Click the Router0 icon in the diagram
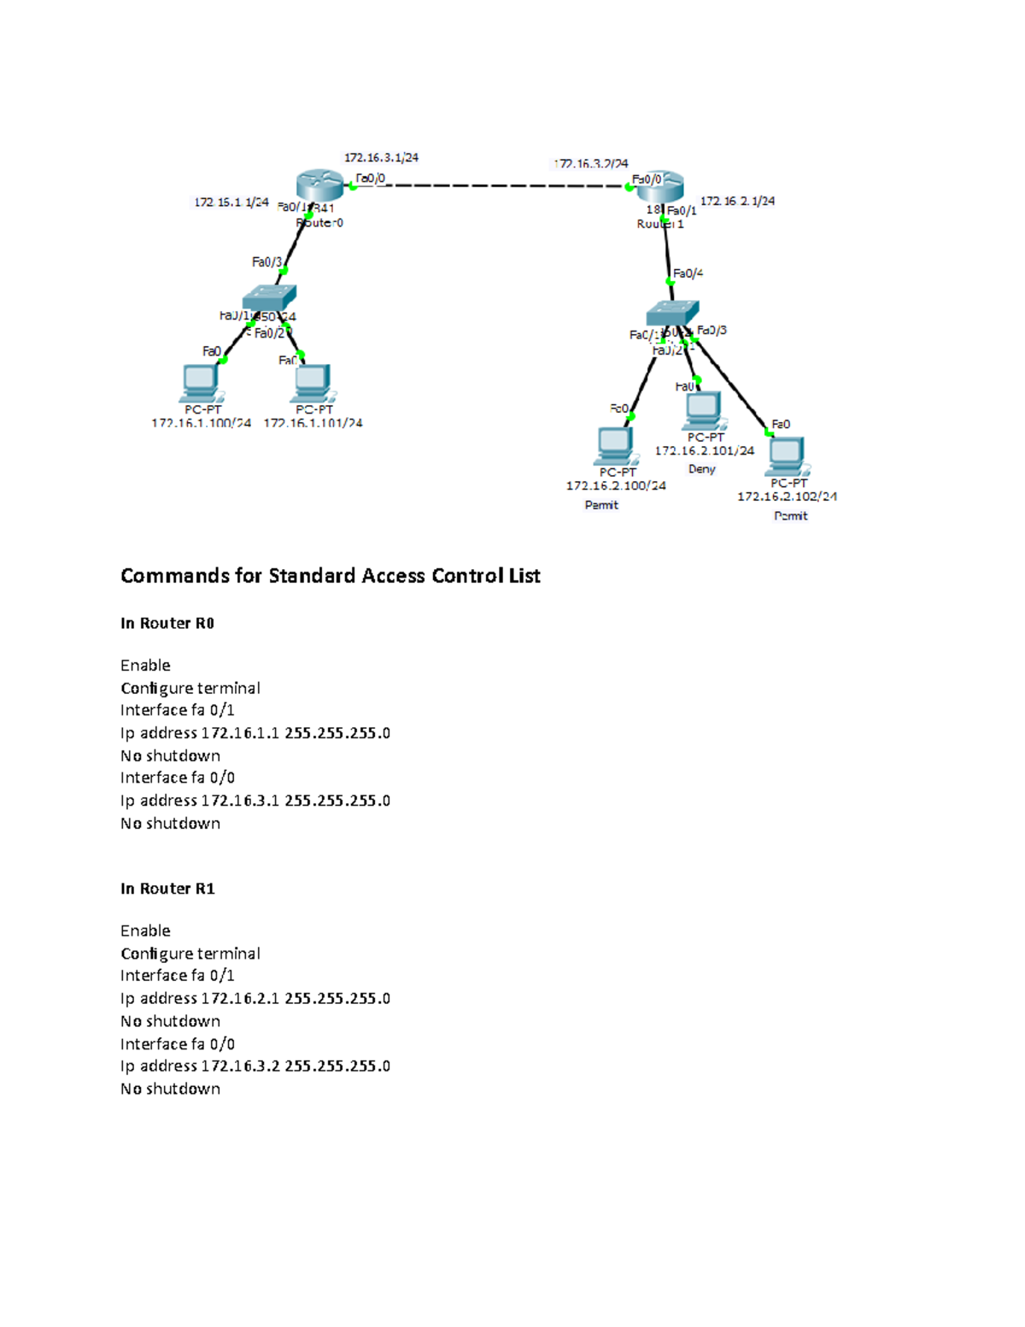tap(319, 185)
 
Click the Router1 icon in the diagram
tap(660, 185)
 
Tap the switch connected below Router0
tap(269, 297)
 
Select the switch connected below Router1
tap(672, 313)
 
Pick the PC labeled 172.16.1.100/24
tap(201, 383)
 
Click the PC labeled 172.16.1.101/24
tap(313, 383)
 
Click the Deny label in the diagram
tap(701, 469)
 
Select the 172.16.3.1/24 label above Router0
tap(381, 157)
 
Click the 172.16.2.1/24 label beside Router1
tap(737, 202)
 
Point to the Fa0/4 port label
tap(688, 273)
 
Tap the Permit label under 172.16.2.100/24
tap(601, 505)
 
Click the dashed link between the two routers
tap(504, 185)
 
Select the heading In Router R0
tap(167, 623)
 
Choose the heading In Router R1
tap(167, 889)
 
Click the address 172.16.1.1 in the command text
tap(239, 733)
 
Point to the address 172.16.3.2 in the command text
tap(239, 1066)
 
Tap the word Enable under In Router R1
tap(145, 931)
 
